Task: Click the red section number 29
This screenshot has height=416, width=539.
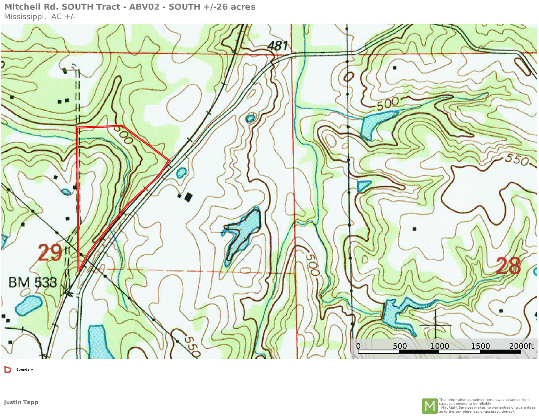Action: pyautogui.click(x=50, y=253)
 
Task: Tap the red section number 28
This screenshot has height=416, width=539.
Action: pyautogui.click(x=508, y=266)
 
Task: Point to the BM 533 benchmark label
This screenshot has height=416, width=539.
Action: pyautogui.click(x=33, y=282)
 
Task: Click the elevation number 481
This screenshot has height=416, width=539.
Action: pyautogui.click(x=278, y=45)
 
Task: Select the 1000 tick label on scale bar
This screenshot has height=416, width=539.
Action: pyautogui.click(x=439, y=346)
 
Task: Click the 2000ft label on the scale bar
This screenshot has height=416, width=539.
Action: pyautogui.click(x=521, y=346)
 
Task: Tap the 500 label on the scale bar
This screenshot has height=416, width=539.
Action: pyautogui.click(x=400, y=346)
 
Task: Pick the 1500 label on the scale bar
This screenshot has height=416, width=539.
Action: pyautogui.click(x=480, y=346)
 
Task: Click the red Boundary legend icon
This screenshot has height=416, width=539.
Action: pyautogui.click(x=8, y=370)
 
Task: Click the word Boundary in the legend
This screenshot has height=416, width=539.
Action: pyautogui.click(x=24, y=370)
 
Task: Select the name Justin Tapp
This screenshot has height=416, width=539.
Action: pyautogui.click(x=21, y=402)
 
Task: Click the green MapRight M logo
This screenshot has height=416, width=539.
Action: pyautogui.click(x=430, y=406)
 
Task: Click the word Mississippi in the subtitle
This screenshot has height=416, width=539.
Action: pyautogui.click(x=24, y=17)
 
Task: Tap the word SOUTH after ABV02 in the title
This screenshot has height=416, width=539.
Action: pyautogui.click(x=185, y=7)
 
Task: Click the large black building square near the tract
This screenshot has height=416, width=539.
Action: pyautogui.click(x=188, y=197)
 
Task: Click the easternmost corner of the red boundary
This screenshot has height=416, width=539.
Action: pyautogui.click(x=169, y=160)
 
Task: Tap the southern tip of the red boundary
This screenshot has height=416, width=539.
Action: pyautogui.click(x=78, y=271)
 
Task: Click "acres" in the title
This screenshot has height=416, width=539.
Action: pyautogui.click(x=243, y=7)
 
